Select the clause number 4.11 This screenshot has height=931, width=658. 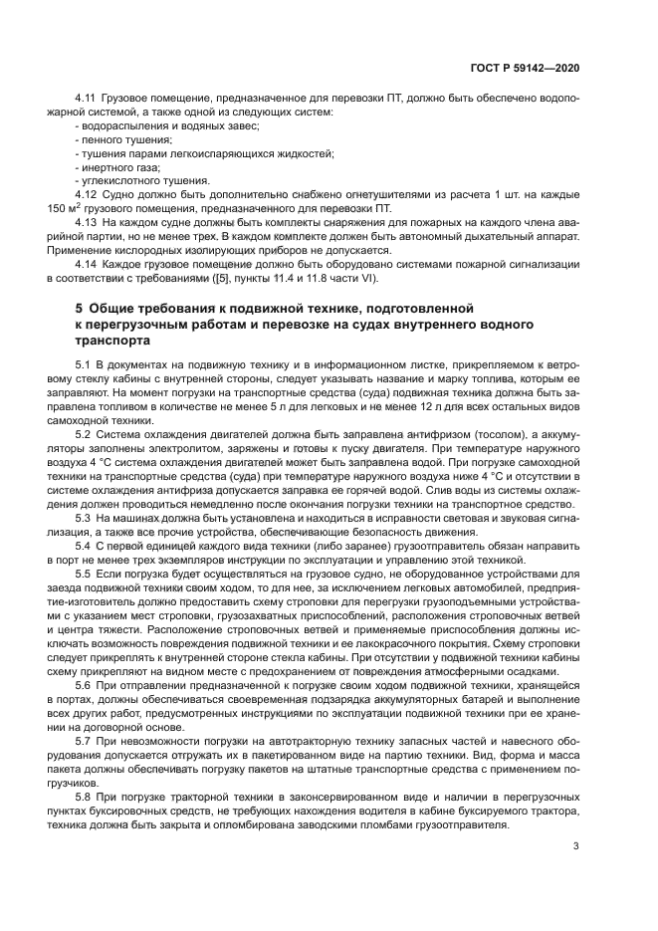click(86, 100)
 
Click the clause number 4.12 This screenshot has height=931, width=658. click(86, 195)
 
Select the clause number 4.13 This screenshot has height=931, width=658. click(86, 223)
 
